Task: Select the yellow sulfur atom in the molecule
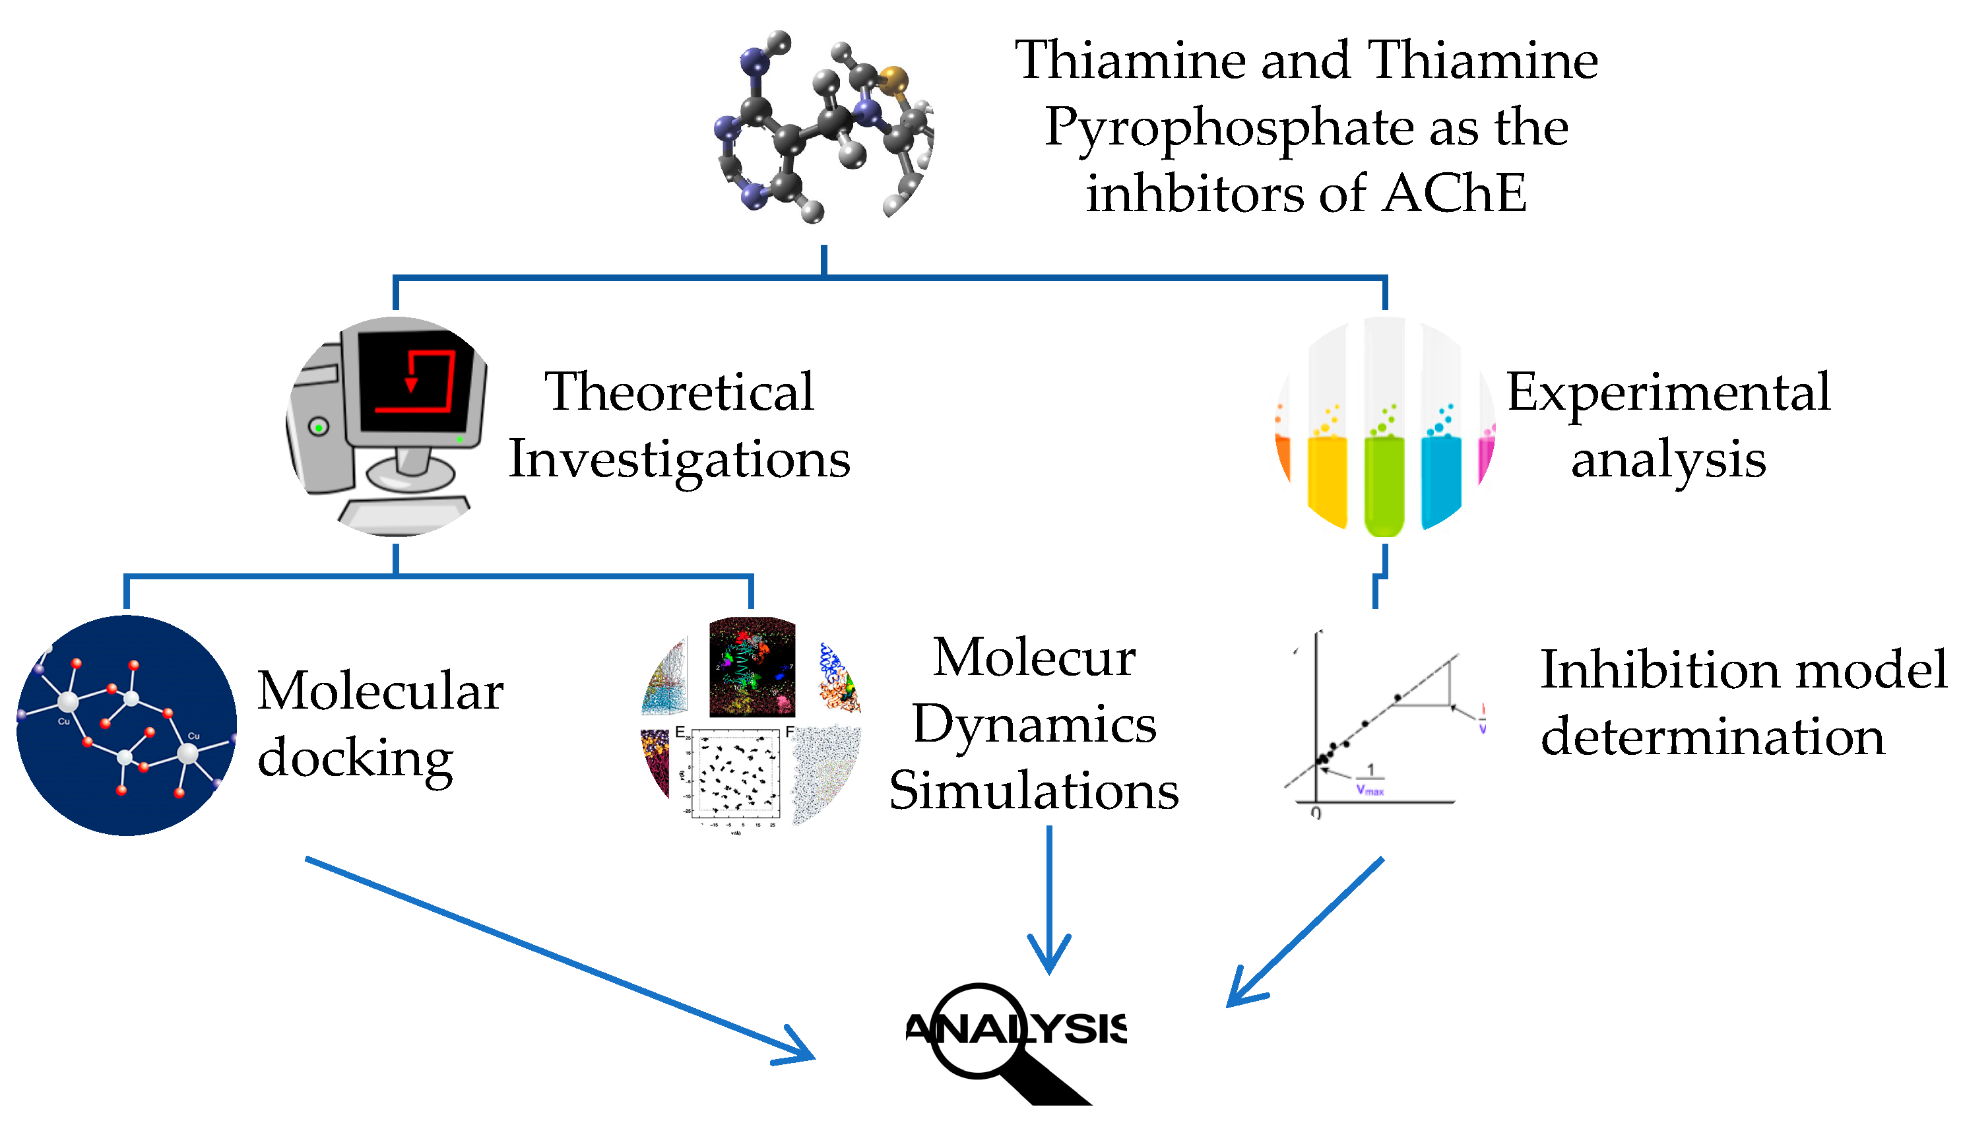point(893,79)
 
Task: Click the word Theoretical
point(679,392)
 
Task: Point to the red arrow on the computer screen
point(411,384)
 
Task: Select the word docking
point(355,759)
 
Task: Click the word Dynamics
point(1033,725)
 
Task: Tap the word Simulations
point(1033,791)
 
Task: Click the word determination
point(1712,736)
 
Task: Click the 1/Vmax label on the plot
point(1369,780)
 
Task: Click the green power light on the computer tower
point(319,426)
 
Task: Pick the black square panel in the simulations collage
point(752,668)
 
